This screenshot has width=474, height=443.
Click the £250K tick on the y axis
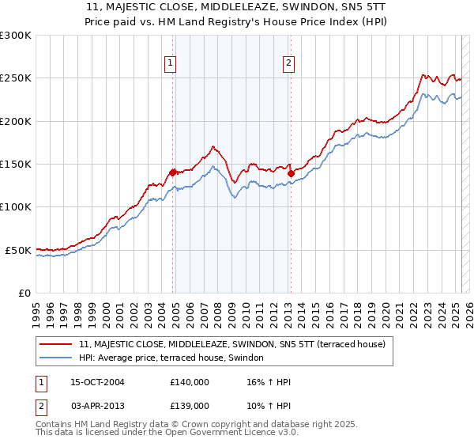[17, 78]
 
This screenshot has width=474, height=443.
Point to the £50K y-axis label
[20, 250]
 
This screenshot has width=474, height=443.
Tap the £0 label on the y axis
[24, 293]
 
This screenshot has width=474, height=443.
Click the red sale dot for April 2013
[291, 173]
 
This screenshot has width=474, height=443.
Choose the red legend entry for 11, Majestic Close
[231, 344]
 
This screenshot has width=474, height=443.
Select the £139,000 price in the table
[190, 405]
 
